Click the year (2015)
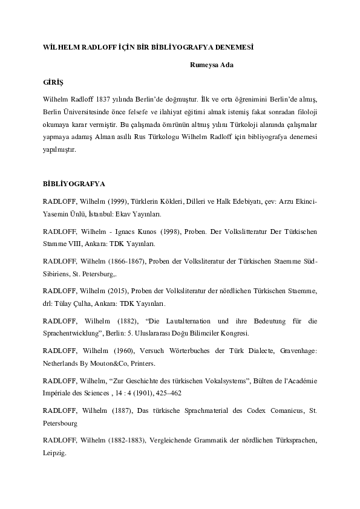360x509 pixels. click(114, 291)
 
